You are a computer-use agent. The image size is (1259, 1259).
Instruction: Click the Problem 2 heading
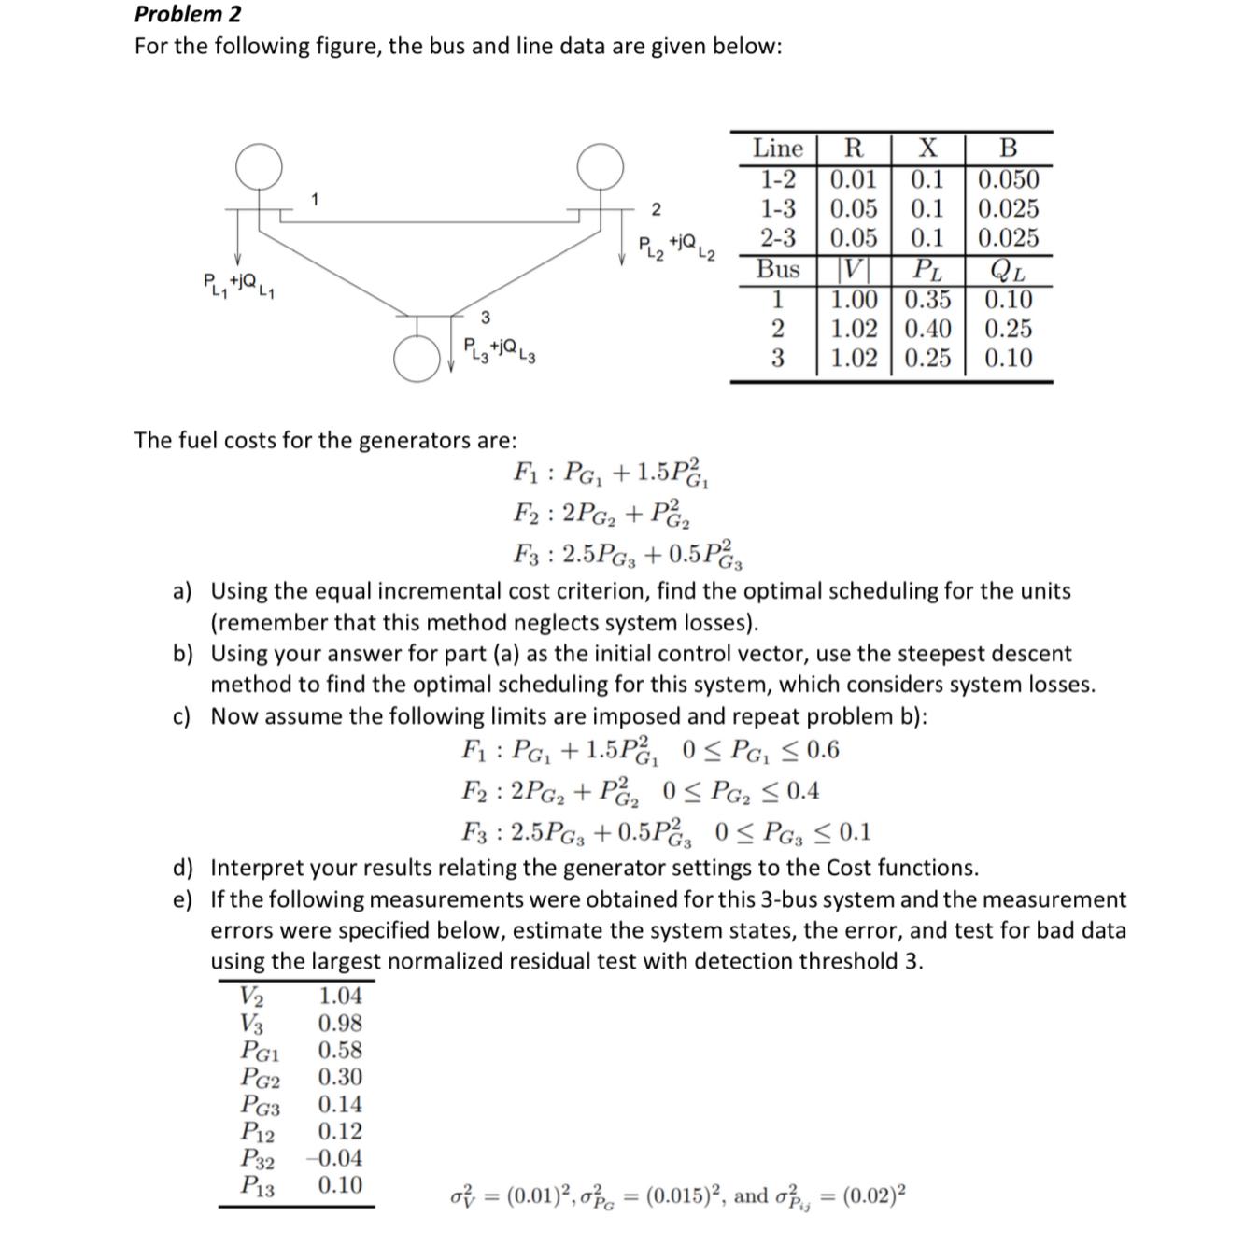(x=188, y=14)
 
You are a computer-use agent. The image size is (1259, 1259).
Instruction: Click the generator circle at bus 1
(x=259, y=167)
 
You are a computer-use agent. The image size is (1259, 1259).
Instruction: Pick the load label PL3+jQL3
(x=500, y=350)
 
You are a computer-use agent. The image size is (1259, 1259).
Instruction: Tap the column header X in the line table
(x=927, y=149)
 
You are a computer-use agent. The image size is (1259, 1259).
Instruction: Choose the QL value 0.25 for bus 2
(x=1008, y=329)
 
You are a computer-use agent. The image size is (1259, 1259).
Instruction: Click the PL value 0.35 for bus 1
(x=927, y=300)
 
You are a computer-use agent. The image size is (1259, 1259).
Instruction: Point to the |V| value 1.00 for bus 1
(x=854, y=300)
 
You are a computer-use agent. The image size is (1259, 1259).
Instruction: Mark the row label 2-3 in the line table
(x=777, y=238)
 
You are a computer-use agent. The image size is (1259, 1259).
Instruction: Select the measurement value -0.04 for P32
(x=334, y=1158)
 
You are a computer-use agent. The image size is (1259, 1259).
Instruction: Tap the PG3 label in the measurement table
(x=260, y=1105)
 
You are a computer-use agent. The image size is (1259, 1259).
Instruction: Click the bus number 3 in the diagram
(x=485, y=318)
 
